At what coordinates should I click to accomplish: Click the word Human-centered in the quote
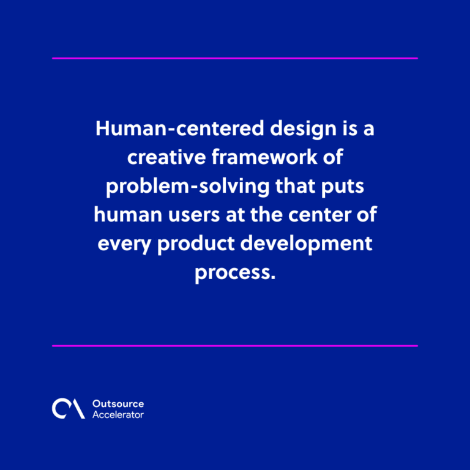pyautogui.click(x=179, y=129)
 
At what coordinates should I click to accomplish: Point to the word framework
pyautogui.click(x=264, y=157)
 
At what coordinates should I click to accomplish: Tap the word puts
pyautogui.click(x=343, y=187)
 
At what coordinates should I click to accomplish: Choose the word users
pyautogui.click(x=194, y=215)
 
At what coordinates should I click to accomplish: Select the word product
pyautogui.click(x=196, y=244)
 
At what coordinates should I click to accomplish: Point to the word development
pyautogui.click(x=307, y=244)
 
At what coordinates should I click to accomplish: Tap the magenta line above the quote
pyautogui.click(x=235, y=59)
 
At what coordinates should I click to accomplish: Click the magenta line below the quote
pyautogui.click(x=235, y=346)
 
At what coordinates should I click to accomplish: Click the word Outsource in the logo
pyautogui.click(x=118, y=404)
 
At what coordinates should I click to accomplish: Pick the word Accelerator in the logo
pyautogui.click(x=118, y=414)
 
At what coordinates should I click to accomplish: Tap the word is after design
pyautogui.click(x=350, y=129)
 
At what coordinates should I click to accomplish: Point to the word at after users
pyautogui.click(x=235, y=215)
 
